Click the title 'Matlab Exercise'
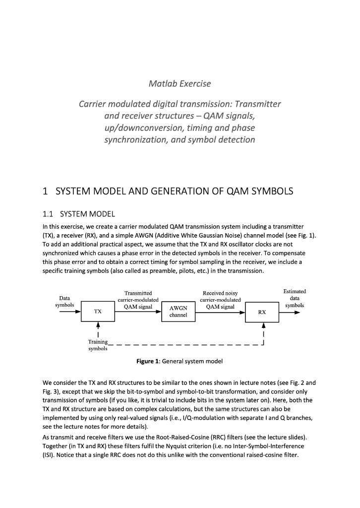180,83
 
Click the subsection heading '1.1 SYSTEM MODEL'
79,214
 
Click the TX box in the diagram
98,312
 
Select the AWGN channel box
178,312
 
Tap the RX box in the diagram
262,312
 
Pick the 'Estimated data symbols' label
295,298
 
